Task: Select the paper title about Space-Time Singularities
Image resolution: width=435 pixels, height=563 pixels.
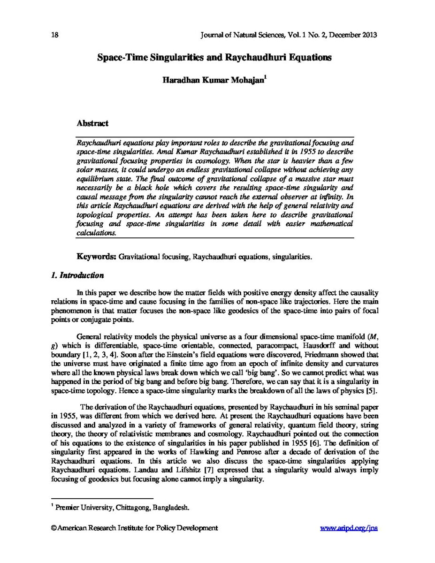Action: point(214,58)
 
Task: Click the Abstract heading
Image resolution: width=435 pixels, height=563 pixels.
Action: point(92,123)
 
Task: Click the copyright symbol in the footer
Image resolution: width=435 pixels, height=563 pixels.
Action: point(53,528)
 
